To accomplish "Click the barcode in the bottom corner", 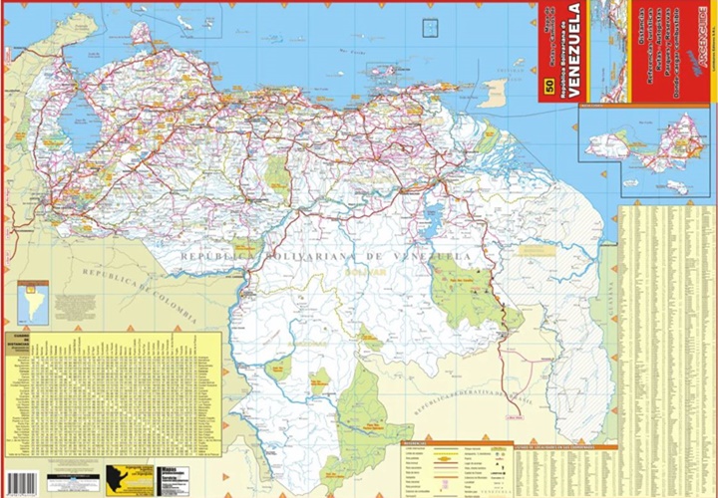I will (20, 483).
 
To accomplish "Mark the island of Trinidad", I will (493, 93).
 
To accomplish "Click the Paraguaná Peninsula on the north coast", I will (141, 34).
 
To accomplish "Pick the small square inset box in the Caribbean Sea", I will (432, 29).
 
